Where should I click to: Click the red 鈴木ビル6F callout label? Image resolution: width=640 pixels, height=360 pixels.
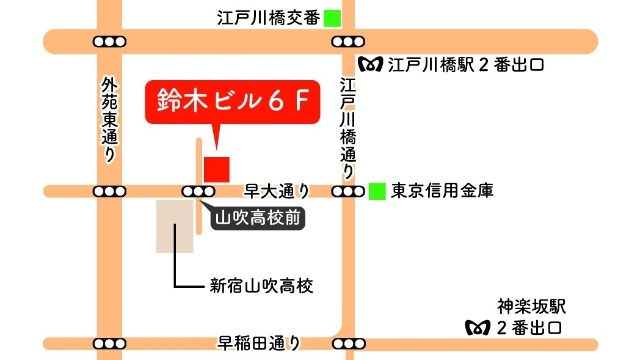[231, 101]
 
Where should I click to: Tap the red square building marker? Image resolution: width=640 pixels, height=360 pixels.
[216, 168]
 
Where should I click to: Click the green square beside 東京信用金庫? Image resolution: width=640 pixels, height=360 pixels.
[376, 190]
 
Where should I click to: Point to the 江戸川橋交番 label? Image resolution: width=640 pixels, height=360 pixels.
[267, 17]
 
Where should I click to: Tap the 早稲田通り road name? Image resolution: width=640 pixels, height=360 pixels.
[259, 344]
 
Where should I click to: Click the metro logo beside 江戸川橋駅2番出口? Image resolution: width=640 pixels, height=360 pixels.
[374, 66]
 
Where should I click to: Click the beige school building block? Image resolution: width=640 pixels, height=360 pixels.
[174, 225]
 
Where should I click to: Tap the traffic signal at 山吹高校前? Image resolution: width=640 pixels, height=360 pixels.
[196, 191]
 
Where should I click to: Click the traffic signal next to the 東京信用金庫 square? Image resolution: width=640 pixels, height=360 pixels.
[347, 191]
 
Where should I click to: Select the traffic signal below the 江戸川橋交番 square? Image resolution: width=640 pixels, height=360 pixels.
[347, 42]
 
